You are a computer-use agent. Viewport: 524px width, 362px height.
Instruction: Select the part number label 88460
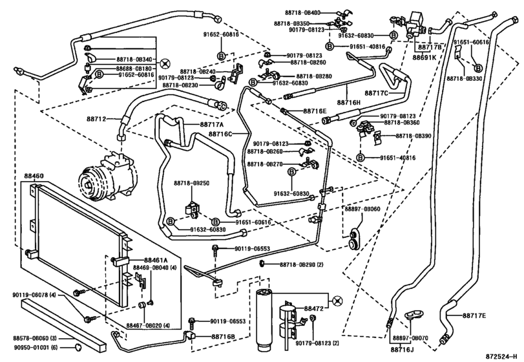[35, 176]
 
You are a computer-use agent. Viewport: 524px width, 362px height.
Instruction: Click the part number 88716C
[220, 134]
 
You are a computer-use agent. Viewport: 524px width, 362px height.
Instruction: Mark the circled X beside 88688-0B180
[165, 63]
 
